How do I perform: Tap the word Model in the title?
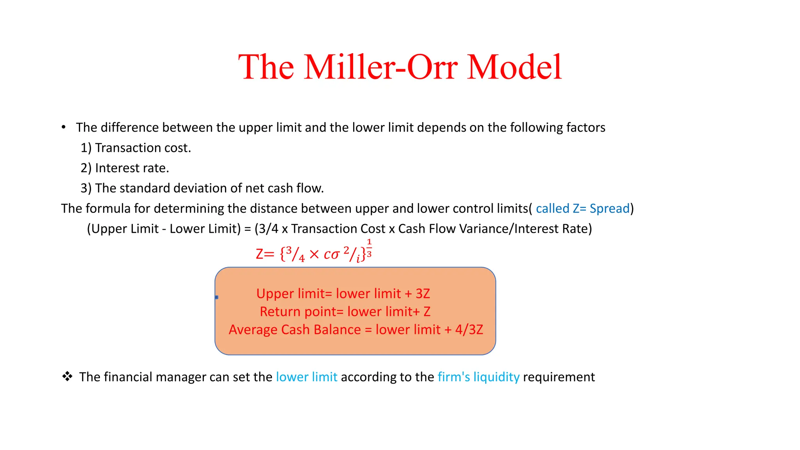pos(514,67)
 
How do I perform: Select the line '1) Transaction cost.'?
pos(136,148)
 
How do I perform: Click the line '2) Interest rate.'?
pos(125,168)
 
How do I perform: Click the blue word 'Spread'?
pos(609,209)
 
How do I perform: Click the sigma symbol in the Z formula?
pos(336,255)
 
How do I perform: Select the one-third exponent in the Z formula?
pos(369,248)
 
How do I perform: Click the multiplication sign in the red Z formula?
pos(314,255)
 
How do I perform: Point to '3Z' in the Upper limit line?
pos(423,293)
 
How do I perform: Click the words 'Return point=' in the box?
pos(302,312)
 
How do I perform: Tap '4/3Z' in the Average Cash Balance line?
pos(469,330)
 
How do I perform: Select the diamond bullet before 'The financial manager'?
pos(67,377)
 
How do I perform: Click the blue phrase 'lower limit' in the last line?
pos(306,377)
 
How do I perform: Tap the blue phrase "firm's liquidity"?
pos(479,377)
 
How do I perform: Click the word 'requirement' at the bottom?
pos(559,377)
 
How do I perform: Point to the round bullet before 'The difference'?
pos(64,127)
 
